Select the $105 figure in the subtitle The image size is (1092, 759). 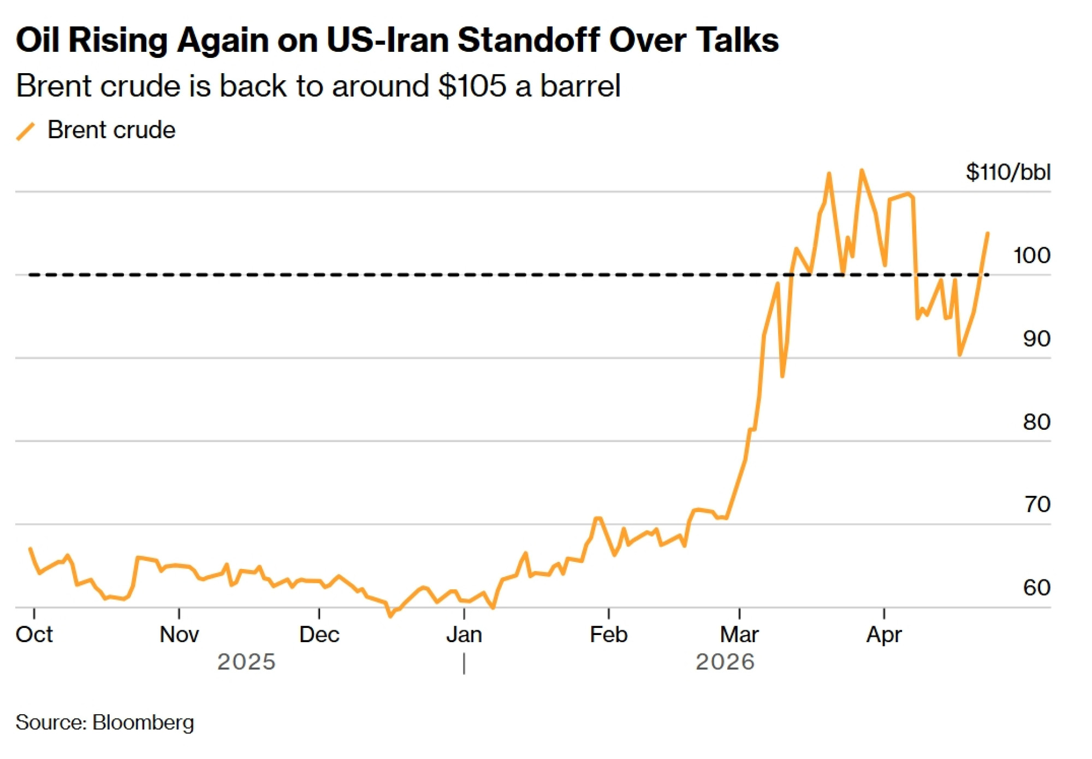472,86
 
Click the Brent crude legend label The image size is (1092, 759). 111,130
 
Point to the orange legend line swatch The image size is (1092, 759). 26,131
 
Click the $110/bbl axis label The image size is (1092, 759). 1008,173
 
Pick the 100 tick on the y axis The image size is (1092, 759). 1031,256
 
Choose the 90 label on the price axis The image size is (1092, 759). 1036,339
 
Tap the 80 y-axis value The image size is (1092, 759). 1036,422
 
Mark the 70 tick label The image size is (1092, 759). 1036,505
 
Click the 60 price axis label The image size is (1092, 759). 1036,588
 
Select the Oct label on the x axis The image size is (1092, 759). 34,635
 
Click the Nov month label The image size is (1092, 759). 179,635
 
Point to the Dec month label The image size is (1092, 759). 319,635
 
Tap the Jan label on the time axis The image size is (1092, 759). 464,635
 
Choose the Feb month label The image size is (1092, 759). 609,635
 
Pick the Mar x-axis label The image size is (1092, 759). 739,635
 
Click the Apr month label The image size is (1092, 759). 884,635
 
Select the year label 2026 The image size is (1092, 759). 725,662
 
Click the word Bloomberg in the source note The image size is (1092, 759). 143,722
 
